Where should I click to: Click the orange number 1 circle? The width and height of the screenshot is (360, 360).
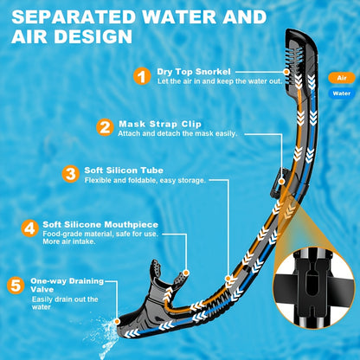click(142, 76)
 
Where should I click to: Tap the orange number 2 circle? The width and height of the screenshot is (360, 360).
click(104, 127)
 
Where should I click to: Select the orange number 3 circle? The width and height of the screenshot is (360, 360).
click(71, 173)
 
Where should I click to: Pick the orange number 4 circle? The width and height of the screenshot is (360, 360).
click(30, 229)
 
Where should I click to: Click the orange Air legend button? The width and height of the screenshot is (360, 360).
click(339, 77)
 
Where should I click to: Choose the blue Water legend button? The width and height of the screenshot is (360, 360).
click(339, 93)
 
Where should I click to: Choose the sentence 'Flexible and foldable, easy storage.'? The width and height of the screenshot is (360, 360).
click(145, 180)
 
